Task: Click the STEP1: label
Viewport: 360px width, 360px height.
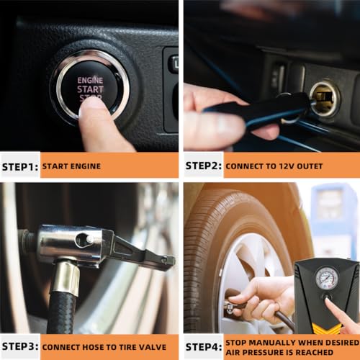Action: pos(19,166)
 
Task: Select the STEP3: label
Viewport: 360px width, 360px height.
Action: pos(19,346)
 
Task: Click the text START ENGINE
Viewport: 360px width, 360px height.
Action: pos(71,166)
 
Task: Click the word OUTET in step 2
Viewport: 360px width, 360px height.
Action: pos(305,166)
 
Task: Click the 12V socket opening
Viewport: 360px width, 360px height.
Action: pos(324,99)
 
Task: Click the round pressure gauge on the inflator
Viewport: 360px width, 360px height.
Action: pos(326,277)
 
